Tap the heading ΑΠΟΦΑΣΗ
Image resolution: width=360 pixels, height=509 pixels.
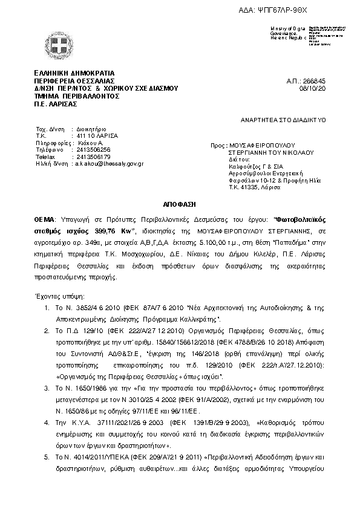[x=180, y=205]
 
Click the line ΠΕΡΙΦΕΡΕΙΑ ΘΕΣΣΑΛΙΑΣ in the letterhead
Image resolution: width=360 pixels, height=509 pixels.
[x=74, y=80]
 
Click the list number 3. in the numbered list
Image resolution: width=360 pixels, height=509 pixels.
[x=47, y=384]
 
